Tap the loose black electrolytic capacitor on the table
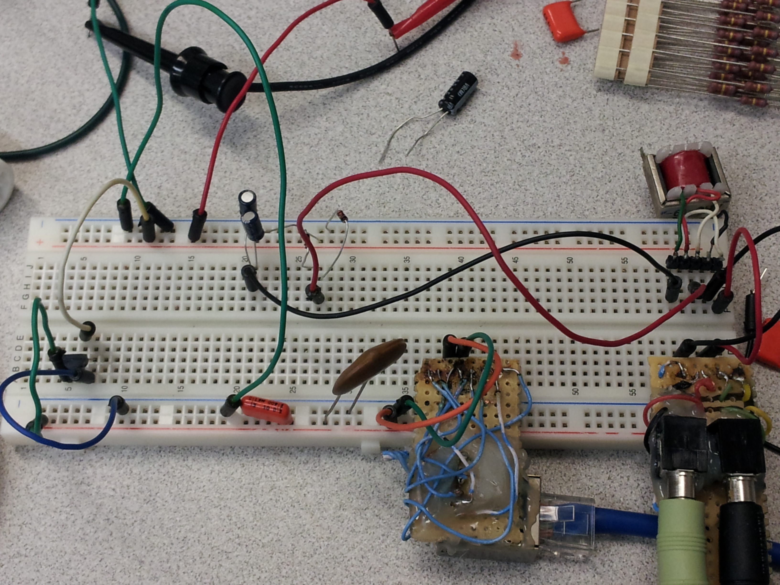tap(458, 92)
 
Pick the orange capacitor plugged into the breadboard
tap(265, 410)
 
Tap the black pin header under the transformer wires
tap(693, 263)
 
